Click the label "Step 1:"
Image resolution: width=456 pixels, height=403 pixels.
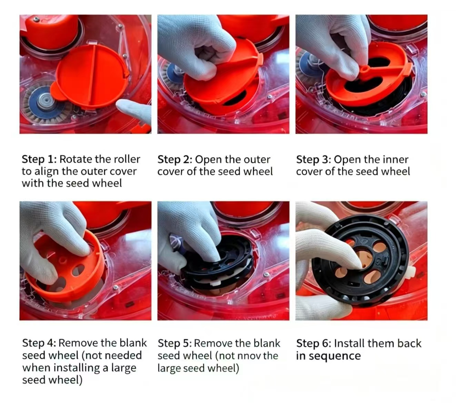click(39, 159)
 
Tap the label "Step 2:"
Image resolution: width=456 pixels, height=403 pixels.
click(175, 159)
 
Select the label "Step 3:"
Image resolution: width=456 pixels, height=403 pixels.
click(314, 159)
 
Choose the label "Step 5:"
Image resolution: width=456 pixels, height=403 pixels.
click(175, 343)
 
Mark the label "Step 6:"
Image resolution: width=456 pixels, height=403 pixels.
click(314, 343)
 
